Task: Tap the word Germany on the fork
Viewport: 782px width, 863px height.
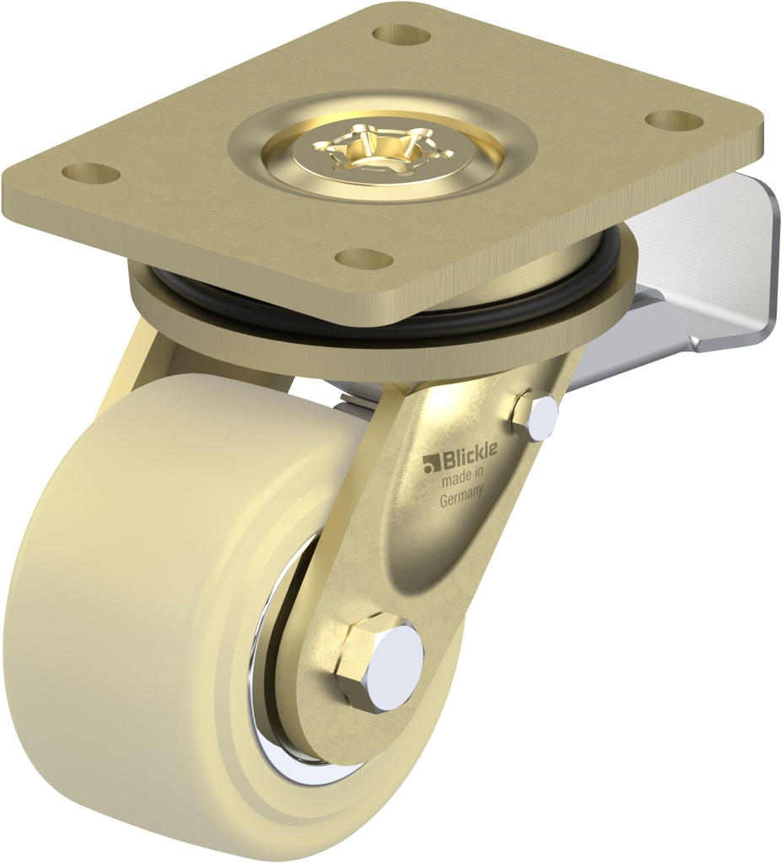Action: point(461,496)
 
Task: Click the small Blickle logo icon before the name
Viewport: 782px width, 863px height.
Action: point(433,462)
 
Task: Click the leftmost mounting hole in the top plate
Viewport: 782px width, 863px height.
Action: point(90,174)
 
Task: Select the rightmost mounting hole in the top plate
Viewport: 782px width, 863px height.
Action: point(674,121)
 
